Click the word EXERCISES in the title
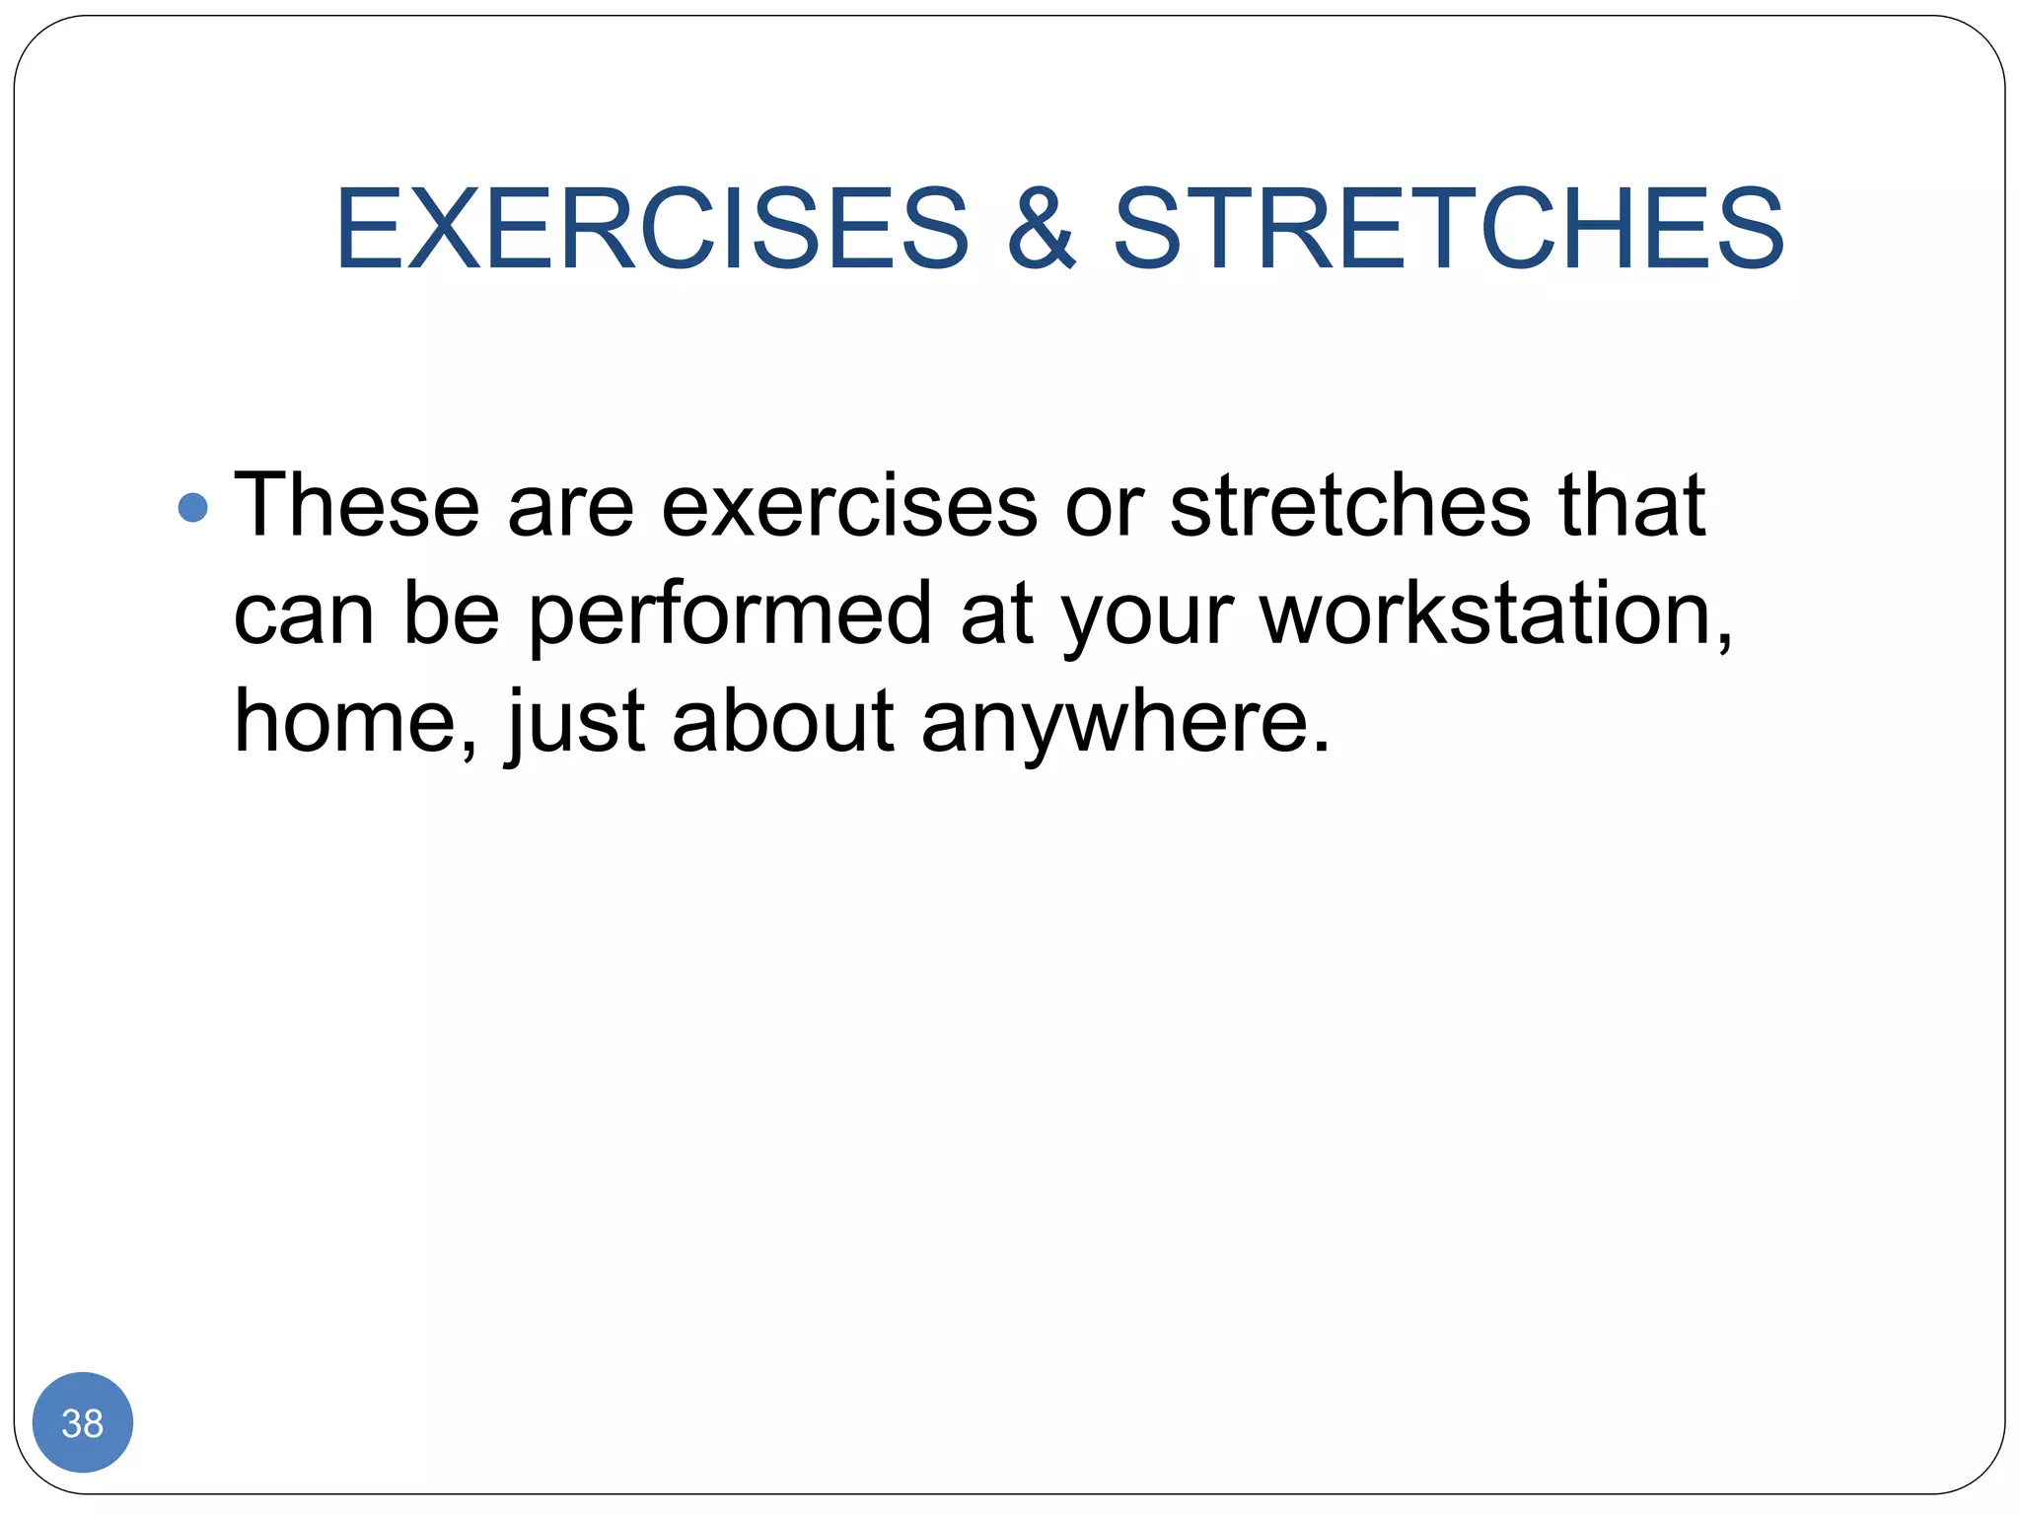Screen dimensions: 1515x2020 click(x=652, y=229)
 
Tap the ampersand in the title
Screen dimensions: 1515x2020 click(x=1041, y=229)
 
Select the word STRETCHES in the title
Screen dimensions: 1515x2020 click(x=1448, y=229)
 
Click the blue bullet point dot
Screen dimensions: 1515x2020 click(x=193, y=508)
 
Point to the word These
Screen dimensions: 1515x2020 click(x=356, y=505)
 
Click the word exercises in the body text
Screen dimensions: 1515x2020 click(x=848, y=507)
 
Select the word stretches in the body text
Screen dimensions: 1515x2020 click(x=1349, y=505)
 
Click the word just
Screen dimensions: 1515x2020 click(x=575, y=722)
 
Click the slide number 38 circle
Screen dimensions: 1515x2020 click(x=83, y=1422)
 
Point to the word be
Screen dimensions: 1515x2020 click(x=451, y=613)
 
